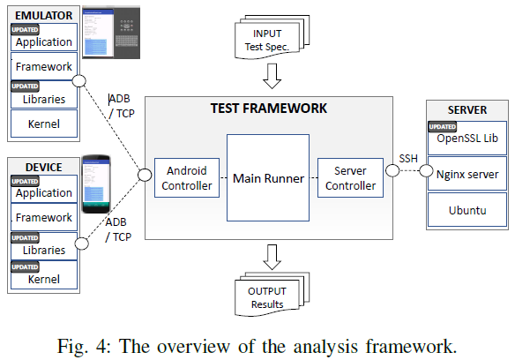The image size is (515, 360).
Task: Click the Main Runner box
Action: [x=267, y=178]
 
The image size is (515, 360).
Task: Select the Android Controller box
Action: [x=186, y=178]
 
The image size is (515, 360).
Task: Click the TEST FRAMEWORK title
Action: [x=268, y=109]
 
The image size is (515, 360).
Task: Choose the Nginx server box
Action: [x=466, y=174]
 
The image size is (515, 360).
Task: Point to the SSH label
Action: [x=408, y=158]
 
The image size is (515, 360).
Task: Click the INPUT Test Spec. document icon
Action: [x=269, y=40]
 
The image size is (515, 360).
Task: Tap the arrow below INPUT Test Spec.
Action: [x=269, y=79]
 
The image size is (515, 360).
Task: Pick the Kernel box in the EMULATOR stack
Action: [x=43, y=124]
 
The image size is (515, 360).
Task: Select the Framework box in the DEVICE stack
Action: [x=43, y=217]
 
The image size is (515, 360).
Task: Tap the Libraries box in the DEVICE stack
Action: [x=43, y=246]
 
